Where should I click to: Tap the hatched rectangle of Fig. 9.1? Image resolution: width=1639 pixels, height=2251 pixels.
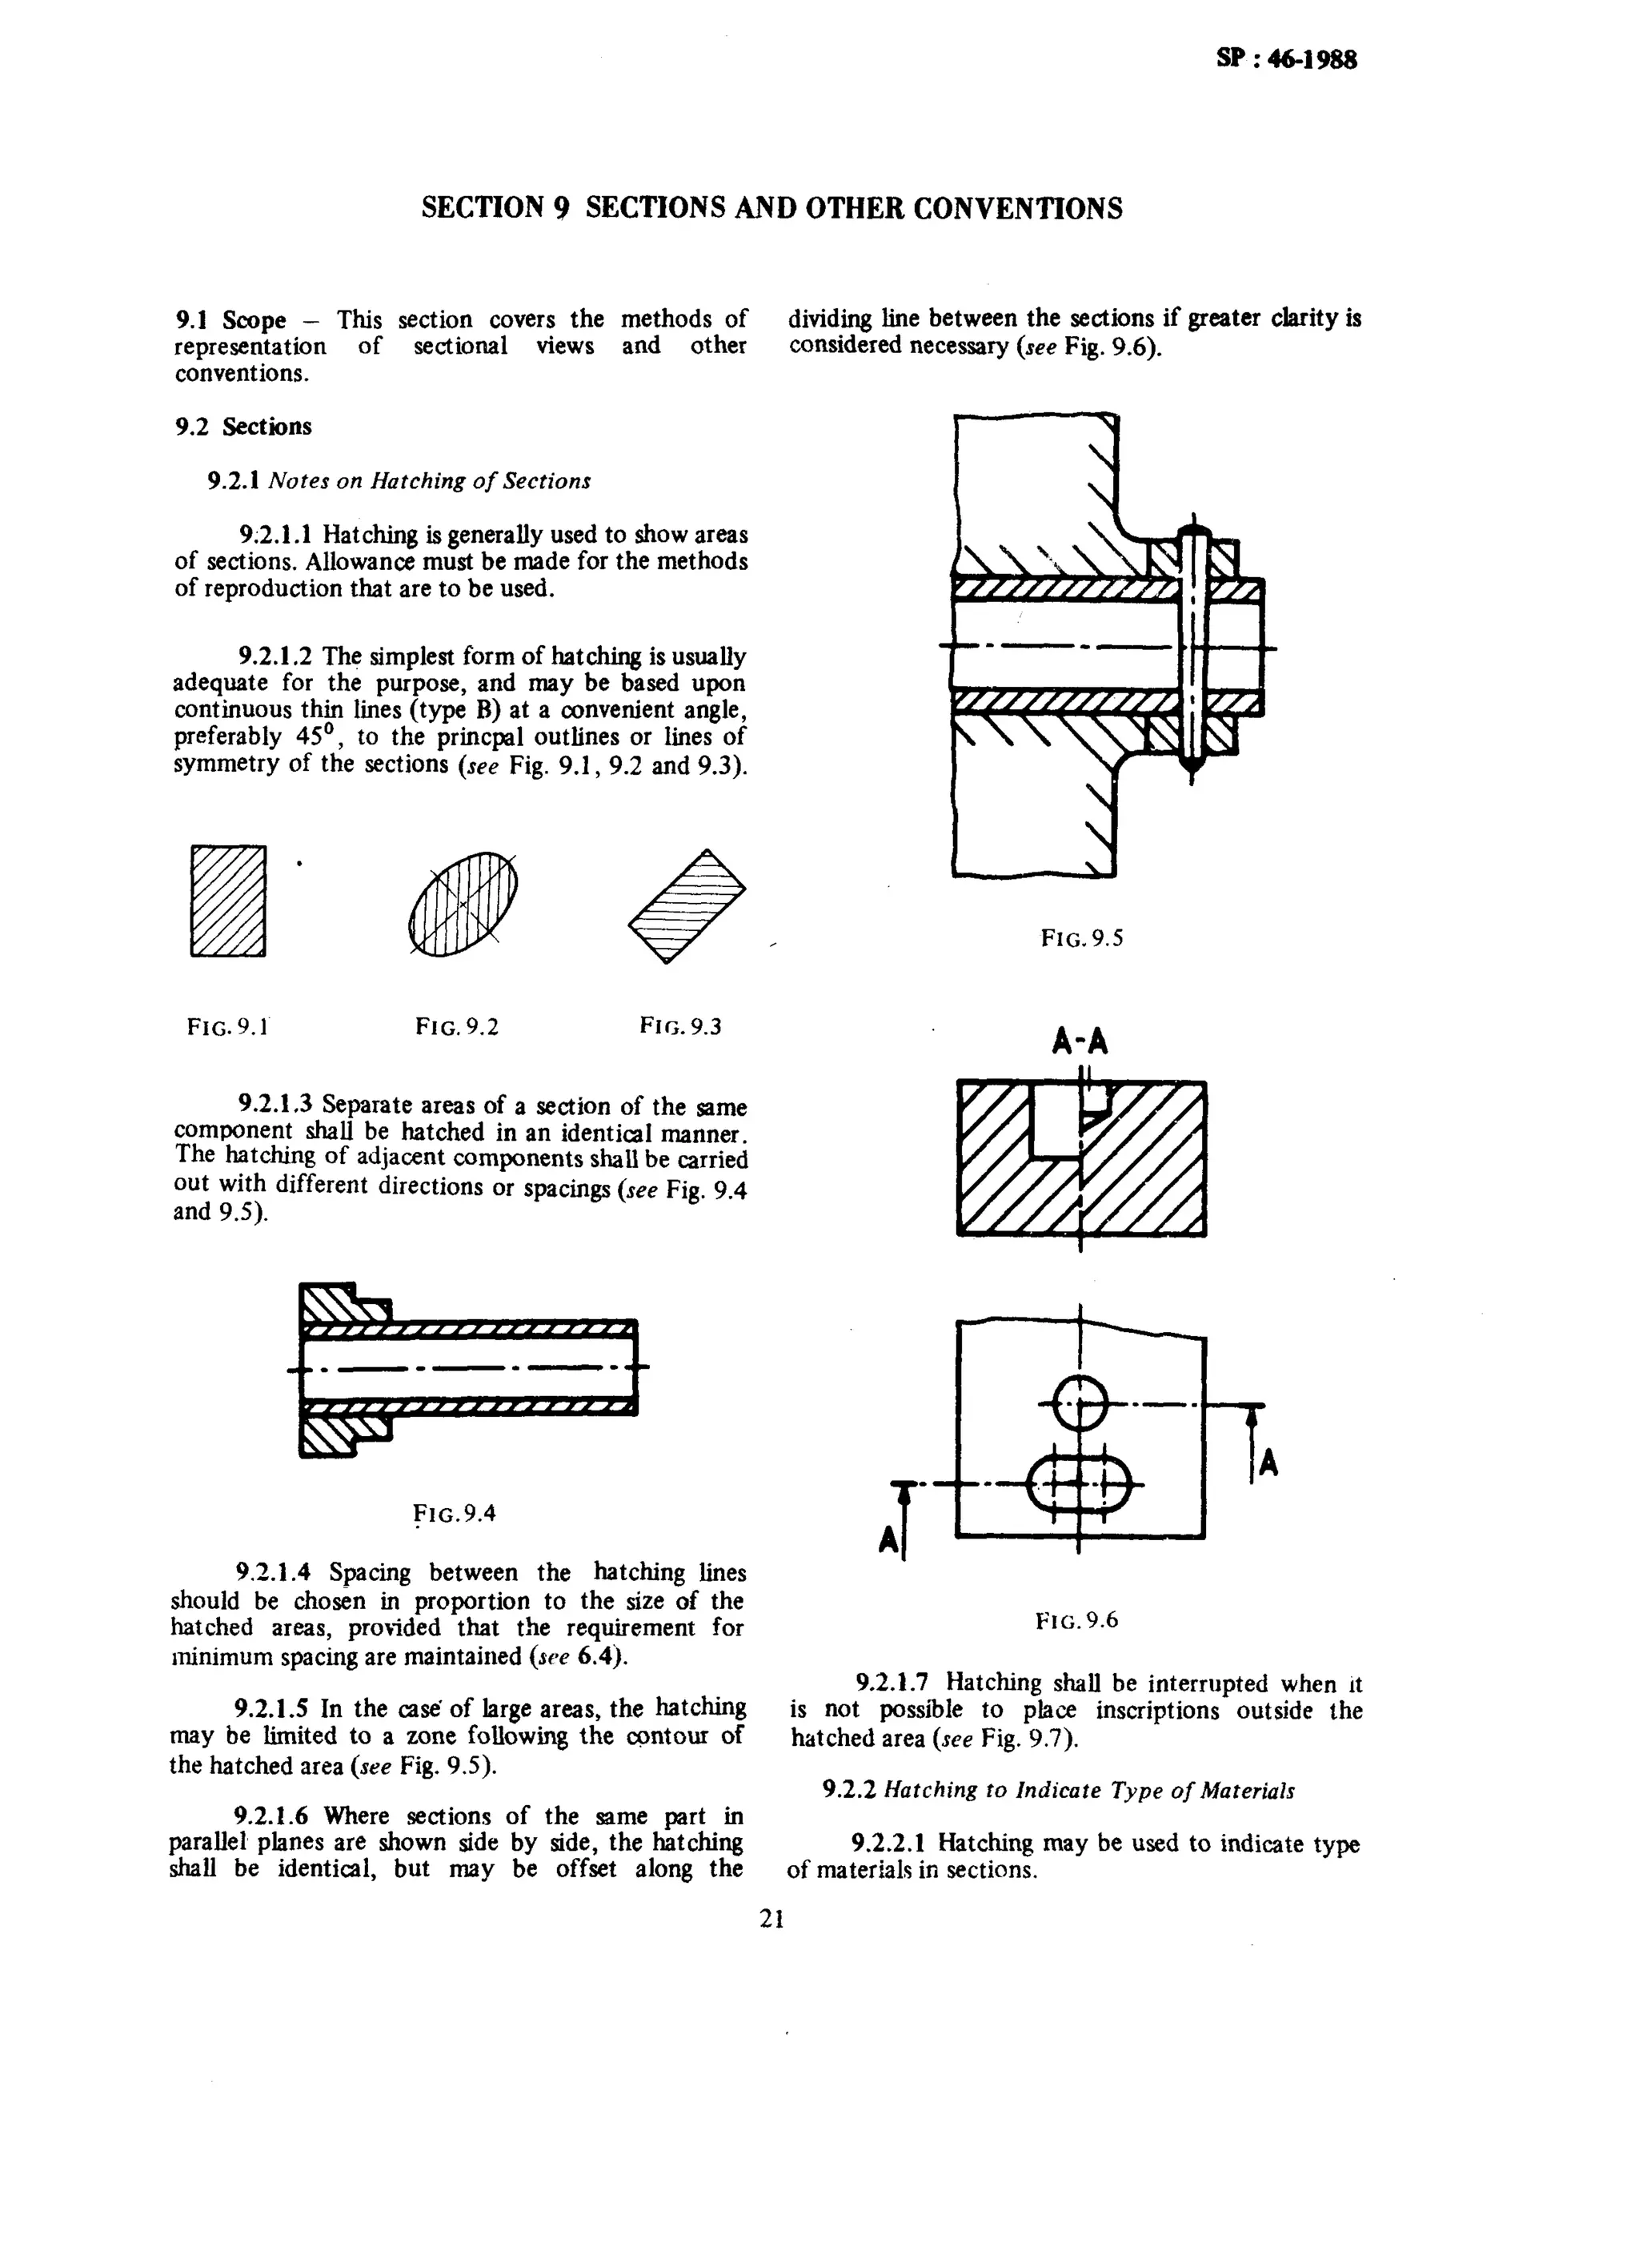coord(228,901)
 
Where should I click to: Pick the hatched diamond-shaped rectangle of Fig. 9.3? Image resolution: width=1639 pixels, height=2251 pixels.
coord(687,905)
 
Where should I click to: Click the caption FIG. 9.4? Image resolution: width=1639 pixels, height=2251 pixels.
coord(455,1513)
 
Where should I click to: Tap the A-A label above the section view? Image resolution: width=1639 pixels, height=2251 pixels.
coord(1080,1041)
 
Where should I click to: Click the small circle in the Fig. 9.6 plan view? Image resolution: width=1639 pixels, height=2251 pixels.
coord(1079,1403)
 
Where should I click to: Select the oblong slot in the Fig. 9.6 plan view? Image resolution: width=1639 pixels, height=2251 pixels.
coord(1079,1485)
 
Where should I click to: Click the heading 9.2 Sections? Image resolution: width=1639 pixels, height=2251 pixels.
coord(243,427)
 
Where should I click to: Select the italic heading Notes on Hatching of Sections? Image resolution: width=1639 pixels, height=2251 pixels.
coord(429,481)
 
